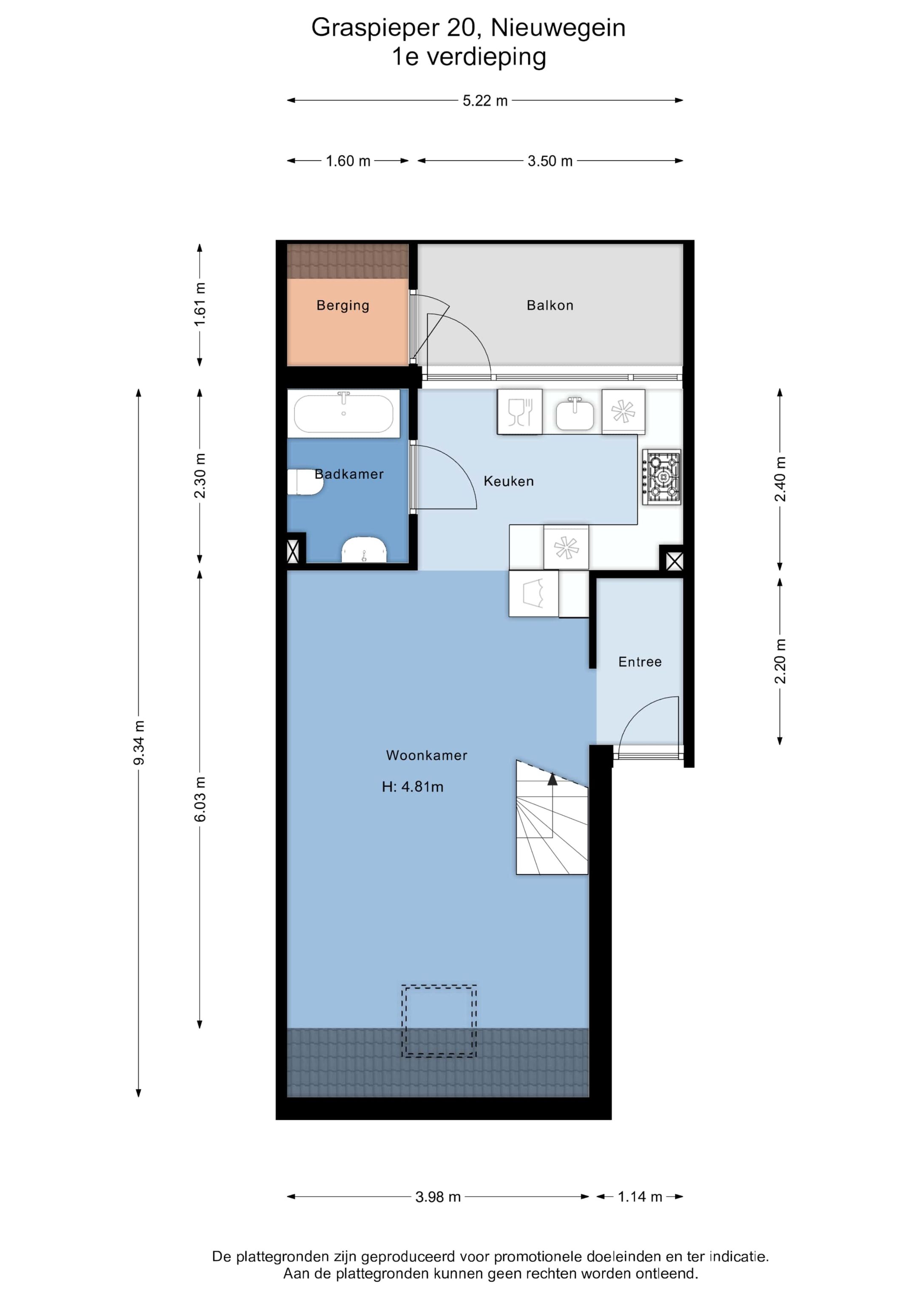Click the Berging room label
[343, 306]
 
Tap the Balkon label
[550, 306]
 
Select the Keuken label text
[508, 481]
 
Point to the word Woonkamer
[426, 755]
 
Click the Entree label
[640, 662]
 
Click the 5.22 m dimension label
[485, 101]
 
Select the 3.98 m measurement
[438, 1197]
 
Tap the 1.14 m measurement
[640, 1197]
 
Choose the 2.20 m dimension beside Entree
[780, 661]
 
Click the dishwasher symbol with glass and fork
[520, 412]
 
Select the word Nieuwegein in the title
[558, 28]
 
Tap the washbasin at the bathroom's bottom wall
[364, 550]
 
